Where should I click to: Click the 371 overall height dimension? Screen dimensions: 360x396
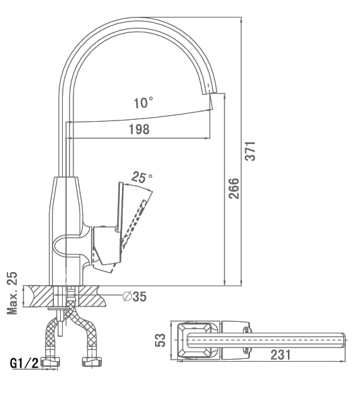pyautogui.click(x=251, y=151)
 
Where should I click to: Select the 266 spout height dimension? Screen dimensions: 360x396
pyautogui.click(x=233, y=188)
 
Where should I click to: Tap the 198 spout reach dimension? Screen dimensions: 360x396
pyautogui.click(x=140, y=129)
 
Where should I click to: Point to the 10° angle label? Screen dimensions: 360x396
pyautogui.click(x=143, y=102)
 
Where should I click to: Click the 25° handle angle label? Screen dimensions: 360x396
pyautogui.click(x=142, y=177)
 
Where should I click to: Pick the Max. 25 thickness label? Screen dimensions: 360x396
pyautogui.click(x=12, y=293)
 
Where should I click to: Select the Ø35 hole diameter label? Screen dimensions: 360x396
pyautogui.click(x=135, y=296)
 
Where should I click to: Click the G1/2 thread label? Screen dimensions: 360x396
pyautogui.click(x=24, y=363)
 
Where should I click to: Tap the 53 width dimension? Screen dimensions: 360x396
pyautogui.click(x=160, y=340)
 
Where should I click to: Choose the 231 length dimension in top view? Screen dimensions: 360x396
pyautogui.click(x=280, y=355)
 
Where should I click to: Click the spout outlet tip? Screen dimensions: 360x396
pyautogui.click(x=210, y=93)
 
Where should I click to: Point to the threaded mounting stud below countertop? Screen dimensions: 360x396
pyautogui.click(x=60, y=323)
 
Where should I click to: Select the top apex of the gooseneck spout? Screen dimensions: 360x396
pyautogui.click(x=139, y=18)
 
